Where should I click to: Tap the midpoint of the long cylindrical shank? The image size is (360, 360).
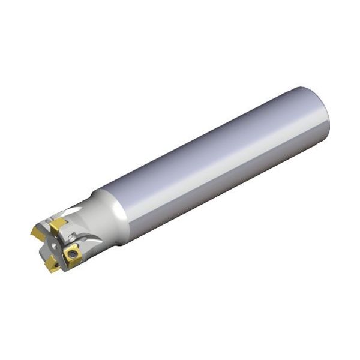tap(216, 162)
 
